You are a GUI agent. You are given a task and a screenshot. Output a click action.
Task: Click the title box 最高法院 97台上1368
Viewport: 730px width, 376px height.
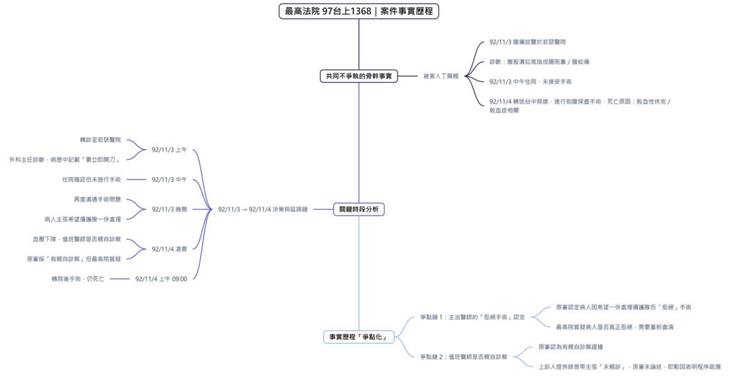point(359,11)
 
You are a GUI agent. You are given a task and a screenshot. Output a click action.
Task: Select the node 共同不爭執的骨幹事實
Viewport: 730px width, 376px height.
point(359,76)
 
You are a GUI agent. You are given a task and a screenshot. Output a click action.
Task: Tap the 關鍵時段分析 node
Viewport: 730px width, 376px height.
point(359,209)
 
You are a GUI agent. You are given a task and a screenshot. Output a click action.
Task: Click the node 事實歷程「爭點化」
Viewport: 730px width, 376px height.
point(359,337)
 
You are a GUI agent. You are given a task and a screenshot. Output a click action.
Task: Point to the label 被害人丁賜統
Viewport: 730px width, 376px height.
point(441,76)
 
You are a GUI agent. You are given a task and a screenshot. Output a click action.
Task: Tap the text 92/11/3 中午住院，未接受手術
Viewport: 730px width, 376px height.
point(530,81)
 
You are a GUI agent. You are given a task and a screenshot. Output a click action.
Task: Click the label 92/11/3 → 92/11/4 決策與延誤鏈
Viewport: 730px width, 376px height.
point(263,209)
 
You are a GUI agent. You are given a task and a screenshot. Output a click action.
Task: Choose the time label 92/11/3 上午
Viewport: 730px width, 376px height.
point(169,150)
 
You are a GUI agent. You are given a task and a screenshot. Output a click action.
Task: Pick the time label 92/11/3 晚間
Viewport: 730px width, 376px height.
point(169,209)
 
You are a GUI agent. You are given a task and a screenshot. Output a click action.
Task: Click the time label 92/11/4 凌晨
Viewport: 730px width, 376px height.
point(169,248)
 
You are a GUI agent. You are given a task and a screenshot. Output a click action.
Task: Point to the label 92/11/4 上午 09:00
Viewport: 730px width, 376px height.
point(161,278)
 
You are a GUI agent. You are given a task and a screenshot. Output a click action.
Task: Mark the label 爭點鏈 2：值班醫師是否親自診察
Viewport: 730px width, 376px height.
point(463,356)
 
